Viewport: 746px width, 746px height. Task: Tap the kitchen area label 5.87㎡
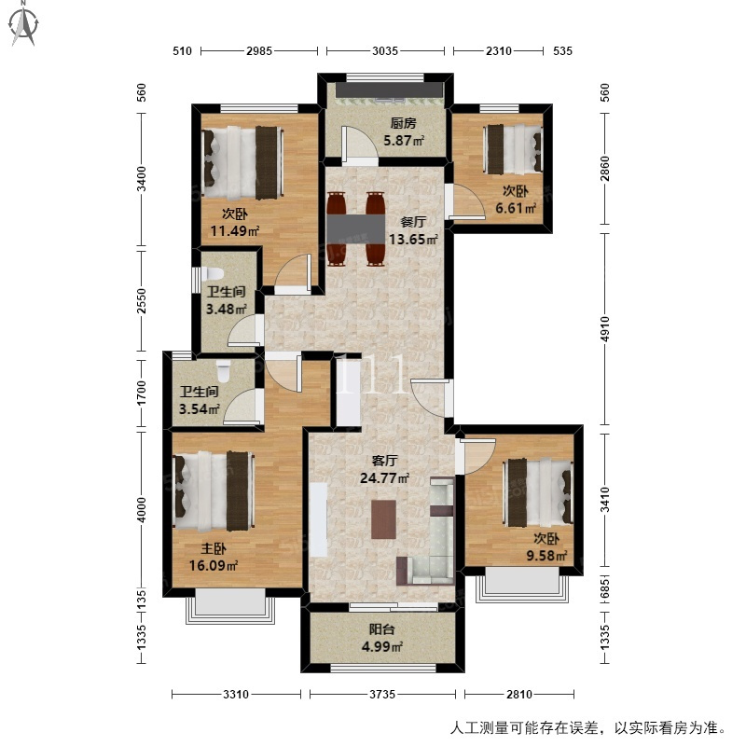pos(404,141)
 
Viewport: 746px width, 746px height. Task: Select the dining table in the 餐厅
pos(356,229)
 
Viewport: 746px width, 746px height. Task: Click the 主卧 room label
pos(214,548)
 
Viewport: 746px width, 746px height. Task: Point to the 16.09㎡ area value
pos(214,566)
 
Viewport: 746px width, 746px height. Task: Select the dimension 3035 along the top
pos(385,51)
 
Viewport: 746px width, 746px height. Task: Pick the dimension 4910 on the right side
pos(604,329)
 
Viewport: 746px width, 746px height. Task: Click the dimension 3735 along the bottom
pos(382,694)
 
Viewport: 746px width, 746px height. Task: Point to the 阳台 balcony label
pos(382,629)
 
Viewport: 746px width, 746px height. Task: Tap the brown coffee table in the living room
pos(383,519)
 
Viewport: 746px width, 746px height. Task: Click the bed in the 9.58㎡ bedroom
pos(538,493)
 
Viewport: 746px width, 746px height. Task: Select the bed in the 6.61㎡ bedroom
pos(513,149)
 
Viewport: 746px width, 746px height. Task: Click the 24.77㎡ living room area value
pos(384,477)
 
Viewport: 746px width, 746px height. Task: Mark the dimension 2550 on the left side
pos(142,301)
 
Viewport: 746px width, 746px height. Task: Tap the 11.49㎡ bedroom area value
pos(235,231)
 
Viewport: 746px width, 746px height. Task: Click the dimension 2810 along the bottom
pos(519,694)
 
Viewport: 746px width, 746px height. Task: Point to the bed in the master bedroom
pos(214,491)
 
